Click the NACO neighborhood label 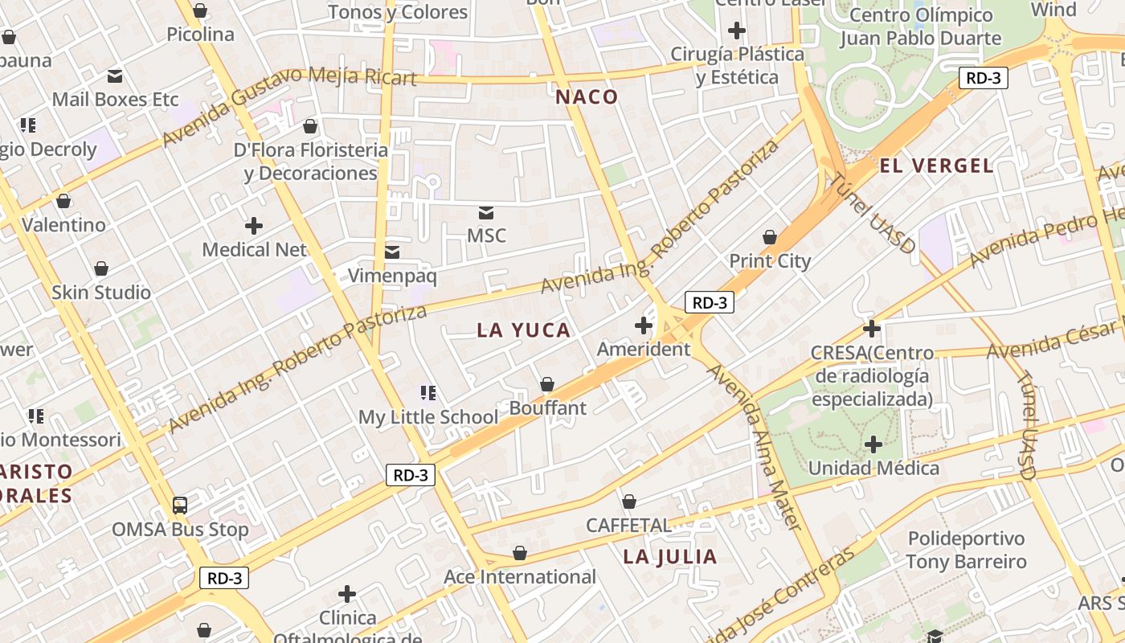coord(587,97)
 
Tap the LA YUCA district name coord(523,330)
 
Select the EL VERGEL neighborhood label coord(936,166)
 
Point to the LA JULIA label coord(669,556)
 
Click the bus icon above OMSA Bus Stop coord(180,506)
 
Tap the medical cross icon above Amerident coord(643,326)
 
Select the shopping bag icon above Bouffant coord(547,385)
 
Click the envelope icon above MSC coord(486,212)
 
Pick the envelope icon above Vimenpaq coord(392,252)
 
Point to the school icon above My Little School coord(428,393)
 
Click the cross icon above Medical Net coord(254,226)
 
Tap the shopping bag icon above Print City coord(770,237)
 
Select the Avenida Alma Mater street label coord(755,447)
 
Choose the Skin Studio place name coord(101,293)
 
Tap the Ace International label coord(520,577)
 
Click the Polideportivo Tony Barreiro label coord(966,550)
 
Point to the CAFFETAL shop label coord(628,526)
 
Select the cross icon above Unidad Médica coord(873,444)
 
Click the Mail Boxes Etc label coord(115,100)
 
